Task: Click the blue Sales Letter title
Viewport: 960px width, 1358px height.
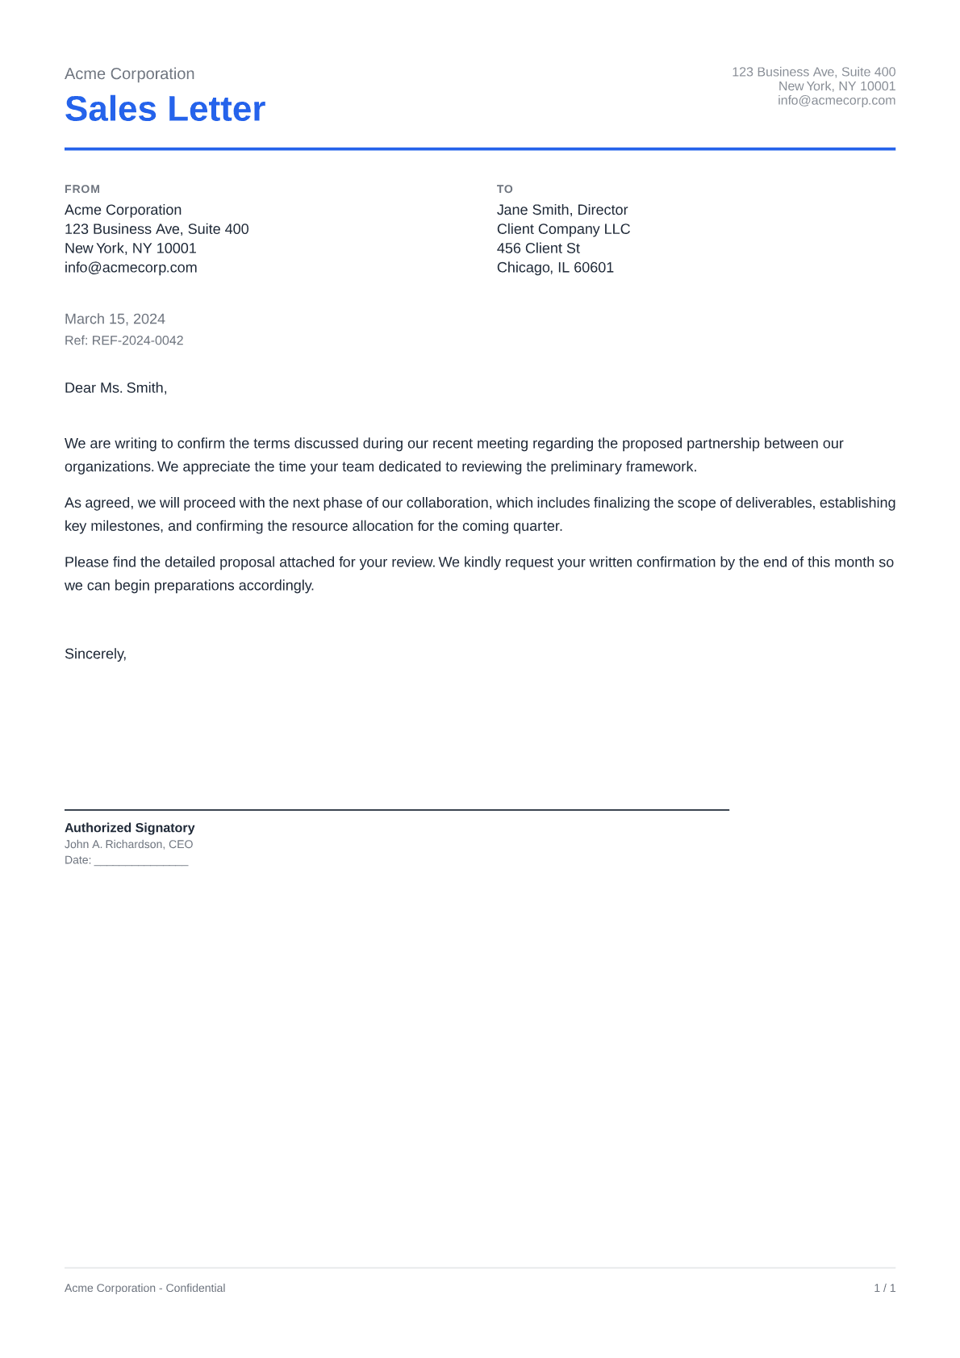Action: [x=165, y=109]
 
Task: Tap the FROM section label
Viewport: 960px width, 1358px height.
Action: [x=82, y=189]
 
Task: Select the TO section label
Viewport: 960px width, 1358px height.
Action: [x=504, y=189]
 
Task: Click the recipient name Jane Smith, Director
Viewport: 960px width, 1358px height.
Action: [x=561, y=210]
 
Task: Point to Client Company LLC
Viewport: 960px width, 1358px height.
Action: [x=563, y=229]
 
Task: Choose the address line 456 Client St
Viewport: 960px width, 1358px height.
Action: [x=538, y=249]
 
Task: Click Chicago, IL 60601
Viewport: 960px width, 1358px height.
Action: [x=555, y=268]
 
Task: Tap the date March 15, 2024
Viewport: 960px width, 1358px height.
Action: [x=115, y=319]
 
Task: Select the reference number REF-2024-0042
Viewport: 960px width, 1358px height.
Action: [x=137, y=341]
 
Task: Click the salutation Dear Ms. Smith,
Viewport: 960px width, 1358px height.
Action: [x=115, y=388]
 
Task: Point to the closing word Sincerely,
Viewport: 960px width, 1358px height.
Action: [x=95, y=654]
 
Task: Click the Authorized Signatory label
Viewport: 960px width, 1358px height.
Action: [x=129, y=828]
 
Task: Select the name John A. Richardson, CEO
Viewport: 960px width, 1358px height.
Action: [x=128, y=844]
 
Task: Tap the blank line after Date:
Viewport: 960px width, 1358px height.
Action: [x=141, y=861]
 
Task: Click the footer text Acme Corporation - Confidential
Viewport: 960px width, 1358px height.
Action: [x=144, y=1288]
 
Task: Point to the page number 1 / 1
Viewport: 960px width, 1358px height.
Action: [x=884, y=1288]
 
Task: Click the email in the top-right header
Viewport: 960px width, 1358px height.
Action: [x=836, y=101]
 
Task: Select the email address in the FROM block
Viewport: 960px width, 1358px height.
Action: [x=131, y=268]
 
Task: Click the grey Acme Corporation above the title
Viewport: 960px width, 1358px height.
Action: [x=129, y=73]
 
